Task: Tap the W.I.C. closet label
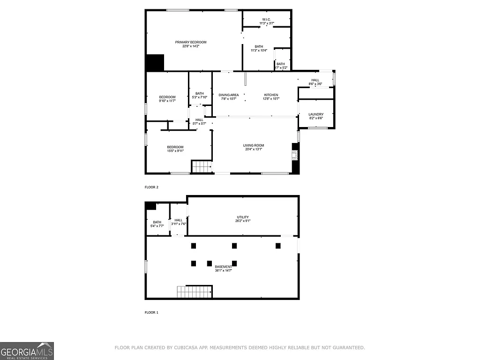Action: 266,19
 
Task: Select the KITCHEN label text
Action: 271,95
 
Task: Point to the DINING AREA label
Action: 229,95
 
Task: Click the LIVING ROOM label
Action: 254,145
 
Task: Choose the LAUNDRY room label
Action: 315,114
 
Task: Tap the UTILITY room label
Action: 242,217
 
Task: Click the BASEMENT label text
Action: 223,267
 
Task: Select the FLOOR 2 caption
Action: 151,187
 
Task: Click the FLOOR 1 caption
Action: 151,312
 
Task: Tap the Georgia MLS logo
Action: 27,351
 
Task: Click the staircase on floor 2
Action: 202,166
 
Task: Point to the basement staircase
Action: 194,292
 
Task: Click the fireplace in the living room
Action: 295,155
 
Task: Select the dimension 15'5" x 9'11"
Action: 175,151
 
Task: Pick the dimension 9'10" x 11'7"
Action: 167,101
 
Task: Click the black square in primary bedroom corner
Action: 155,63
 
